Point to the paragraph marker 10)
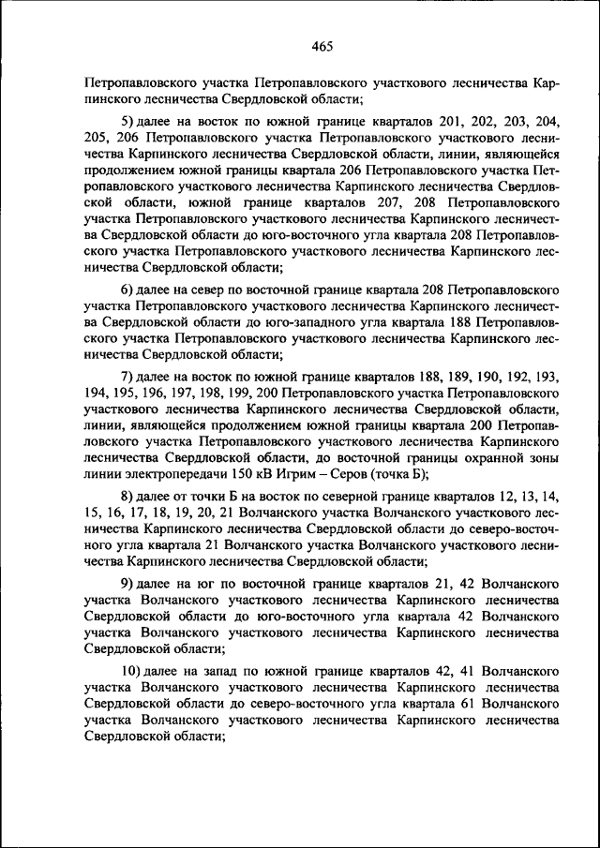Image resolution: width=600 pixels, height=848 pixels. [132, 671]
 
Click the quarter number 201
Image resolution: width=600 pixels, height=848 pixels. [452, 122]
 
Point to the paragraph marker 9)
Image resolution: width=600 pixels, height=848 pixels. [128, 584]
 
